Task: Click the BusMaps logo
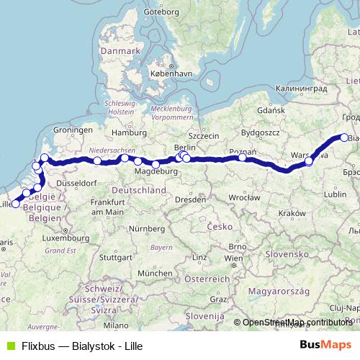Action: (x=325, y=345)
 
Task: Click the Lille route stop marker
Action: (x=16, y=204)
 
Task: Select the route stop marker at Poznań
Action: (x=242, y=158)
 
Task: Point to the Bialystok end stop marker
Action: (x=344, y=138)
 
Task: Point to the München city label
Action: (x=156, y=274)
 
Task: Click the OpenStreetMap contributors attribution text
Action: (x=297, y=323)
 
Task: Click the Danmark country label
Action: (x=120, y=52)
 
